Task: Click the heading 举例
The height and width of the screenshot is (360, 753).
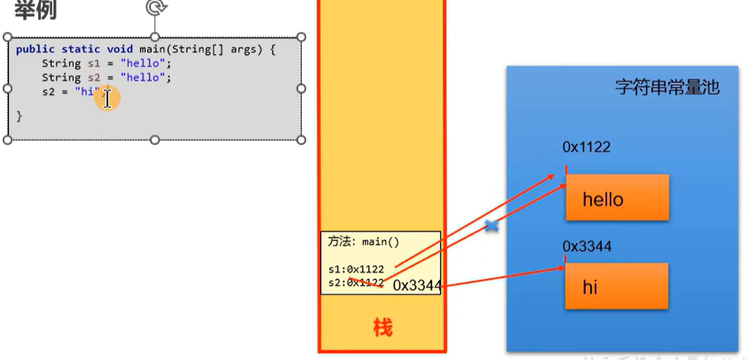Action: coord(35,10)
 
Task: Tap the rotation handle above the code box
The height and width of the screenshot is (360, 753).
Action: coord(154,8)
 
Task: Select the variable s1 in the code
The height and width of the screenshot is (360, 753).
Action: coord(94,63)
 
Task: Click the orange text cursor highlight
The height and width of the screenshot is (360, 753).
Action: coord(107,98)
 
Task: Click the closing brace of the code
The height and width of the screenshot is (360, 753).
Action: coord(19,116)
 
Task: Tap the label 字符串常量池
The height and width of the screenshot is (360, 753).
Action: coord(667,88)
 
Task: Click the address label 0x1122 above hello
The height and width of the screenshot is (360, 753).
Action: coord(587,148)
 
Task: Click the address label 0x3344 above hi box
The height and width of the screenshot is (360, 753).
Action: coord(587,246)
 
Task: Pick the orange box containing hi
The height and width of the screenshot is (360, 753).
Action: coord(617,286)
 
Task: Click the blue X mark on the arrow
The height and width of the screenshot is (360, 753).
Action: coord(491,226)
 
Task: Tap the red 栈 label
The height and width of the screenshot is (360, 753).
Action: coord(382,327)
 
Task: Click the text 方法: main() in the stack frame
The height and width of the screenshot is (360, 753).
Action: coord(363,242)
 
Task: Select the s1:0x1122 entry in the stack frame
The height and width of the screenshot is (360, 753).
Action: coord(356,269)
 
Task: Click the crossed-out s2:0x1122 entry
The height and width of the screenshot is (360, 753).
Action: coord(356,283)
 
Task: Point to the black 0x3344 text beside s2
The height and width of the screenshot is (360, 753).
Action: coord(417,285)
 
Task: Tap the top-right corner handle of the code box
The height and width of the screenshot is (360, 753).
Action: coord(301,37)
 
